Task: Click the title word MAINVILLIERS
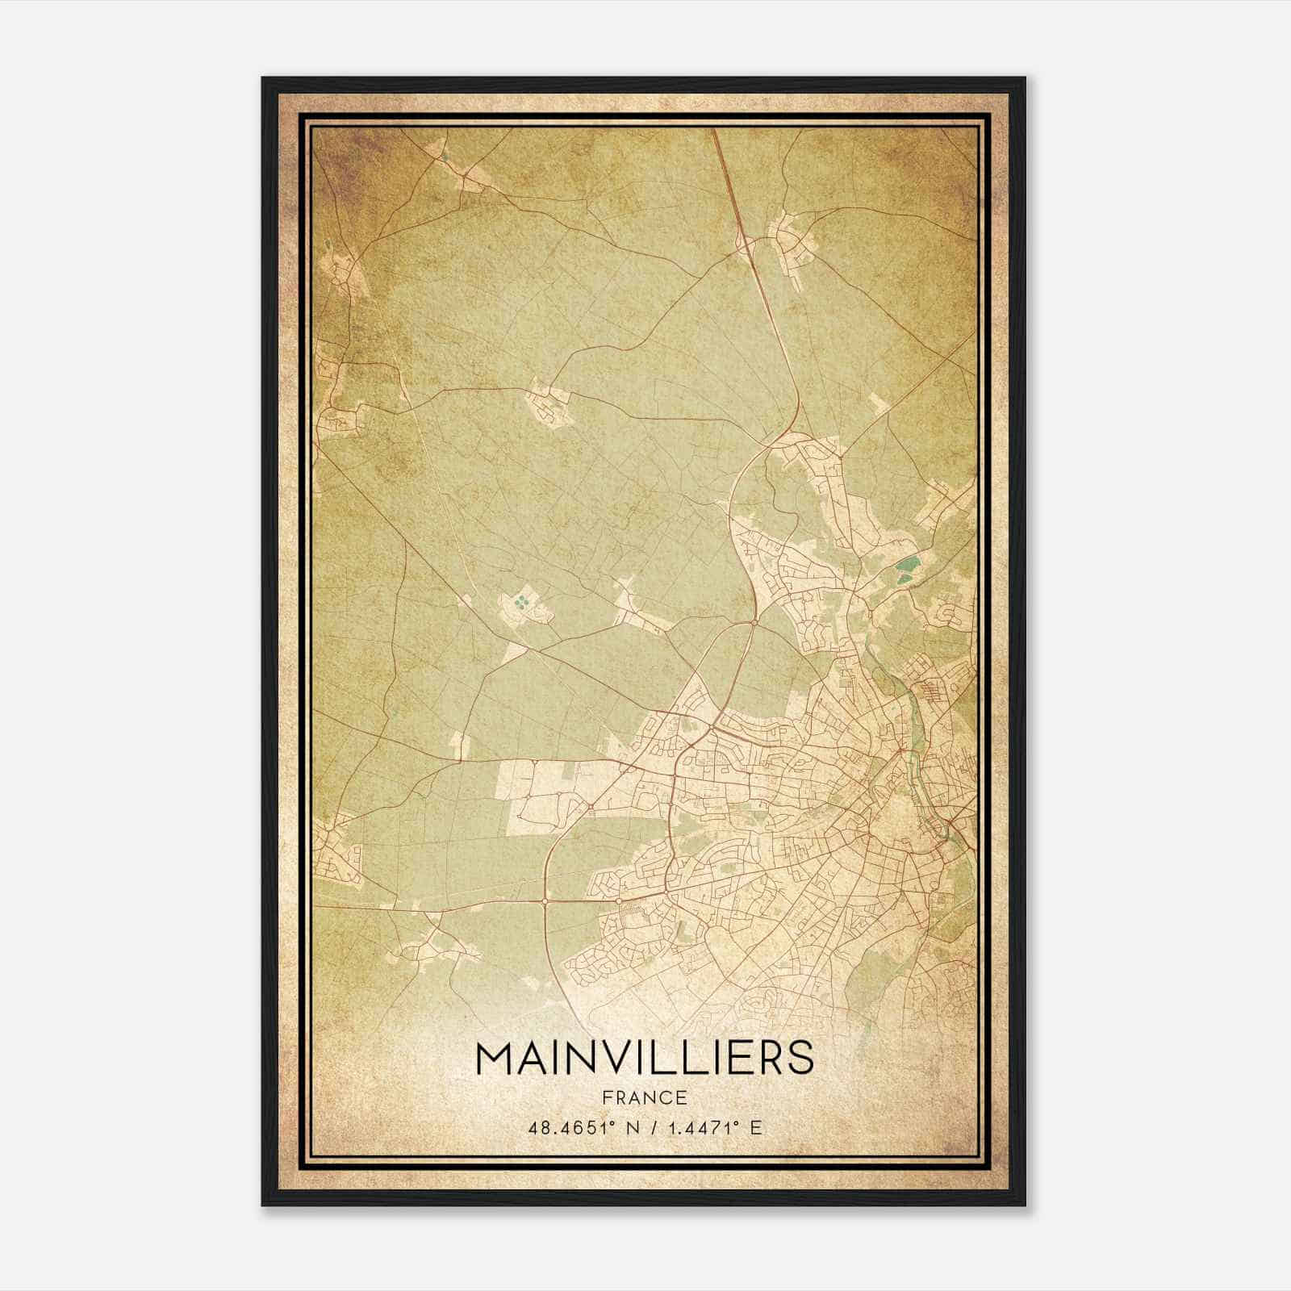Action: [645, 1058]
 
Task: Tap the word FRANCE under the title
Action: [645, 1098]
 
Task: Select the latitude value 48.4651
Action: [568, 1128]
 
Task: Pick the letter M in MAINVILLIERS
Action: [494, 1058]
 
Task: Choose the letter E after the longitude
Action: [755, 1128]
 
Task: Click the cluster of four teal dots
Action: [522, 601]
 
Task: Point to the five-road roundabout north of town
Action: [754, 622]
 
